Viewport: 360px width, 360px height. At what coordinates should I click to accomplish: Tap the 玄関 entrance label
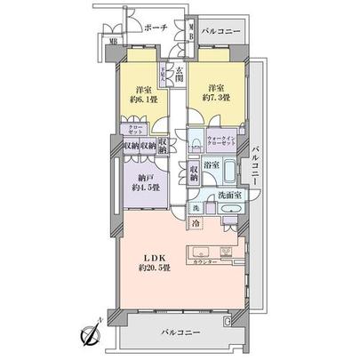point(180,76)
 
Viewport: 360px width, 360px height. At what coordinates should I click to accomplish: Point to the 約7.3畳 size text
point(216,99)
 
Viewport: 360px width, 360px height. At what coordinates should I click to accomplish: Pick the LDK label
point(148,257)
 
